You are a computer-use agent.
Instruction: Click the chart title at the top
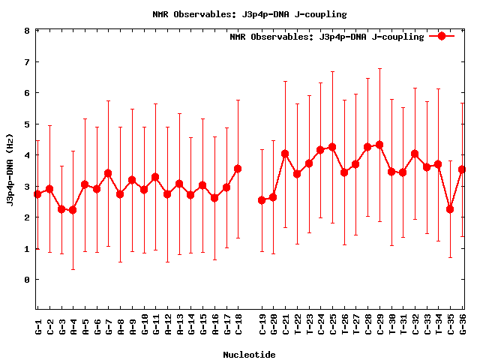pos(249,14)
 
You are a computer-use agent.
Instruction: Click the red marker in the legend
pos(442,36)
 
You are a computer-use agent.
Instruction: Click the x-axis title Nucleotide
pos(249,354)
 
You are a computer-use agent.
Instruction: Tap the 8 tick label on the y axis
pos(26,31)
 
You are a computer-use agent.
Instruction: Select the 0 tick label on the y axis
pos(26,280)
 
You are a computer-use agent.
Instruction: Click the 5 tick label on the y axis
pos(26,124)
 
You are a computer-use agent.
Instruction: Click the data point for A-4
pos(73,210)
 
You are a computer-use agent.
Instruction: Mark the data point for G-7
pos(108,173)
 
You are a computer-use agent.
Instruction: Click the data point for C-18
pos(238,169)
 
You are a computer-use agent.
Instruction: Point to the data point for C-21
pos(286,154)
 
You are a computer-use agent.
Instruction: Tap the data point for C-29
pos(379,145)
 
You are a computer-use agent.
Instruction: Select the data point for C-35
pos(450,209)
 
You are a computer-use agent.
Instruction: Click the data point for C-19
pos(262,200)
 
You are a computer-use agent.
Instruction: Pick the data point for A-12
pos(167,194)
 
